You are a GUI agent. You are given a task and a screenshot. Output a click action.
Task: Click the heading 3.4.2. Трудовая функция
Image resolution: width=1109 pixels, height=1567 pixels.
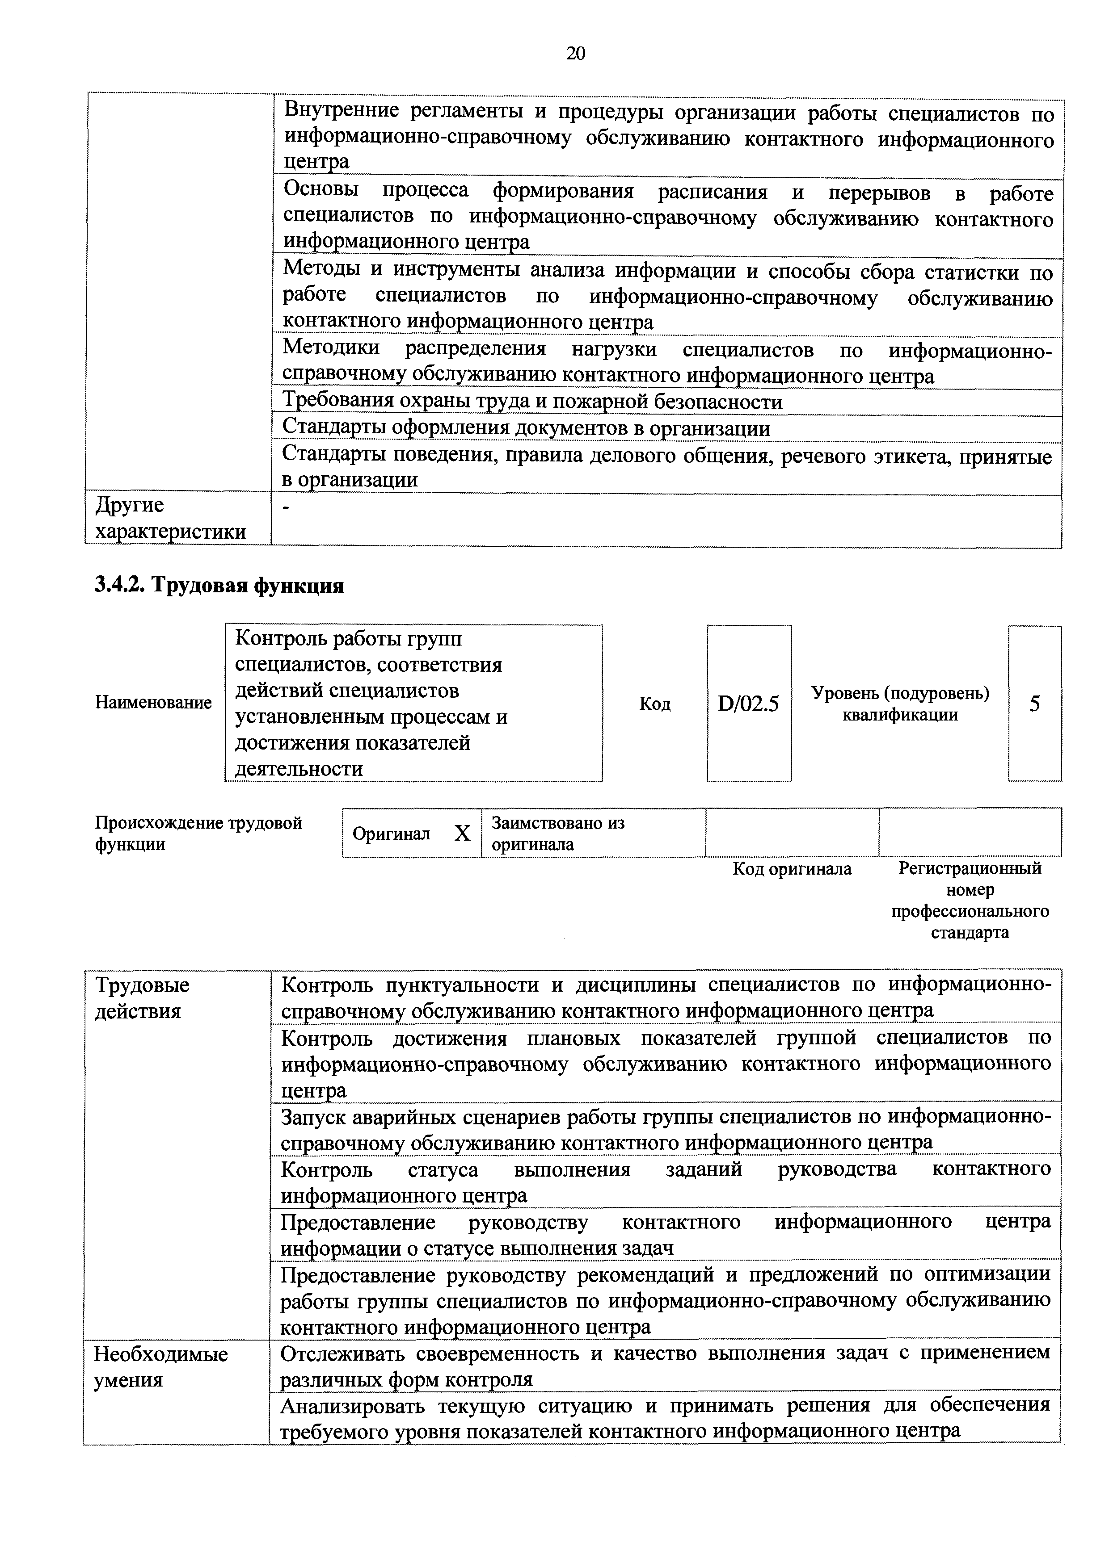click(219, 585)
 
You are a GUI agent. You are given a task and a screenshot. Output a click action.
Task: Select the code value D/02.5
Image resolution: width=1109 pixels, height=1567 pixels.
click(748, 704)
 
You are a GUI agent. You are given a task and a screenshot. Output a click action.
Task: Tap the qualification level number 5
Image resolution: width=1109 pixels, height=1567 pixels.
click(1034, 704)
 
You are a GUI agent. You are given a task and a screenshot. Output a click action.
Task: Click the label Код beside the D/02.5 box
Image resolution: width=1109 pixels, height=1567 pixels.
click(654, 704)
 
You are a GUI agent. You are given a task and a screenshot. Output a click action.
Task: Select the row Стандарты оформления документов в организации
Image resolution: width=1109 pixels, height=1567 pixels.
click(526, 429)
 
